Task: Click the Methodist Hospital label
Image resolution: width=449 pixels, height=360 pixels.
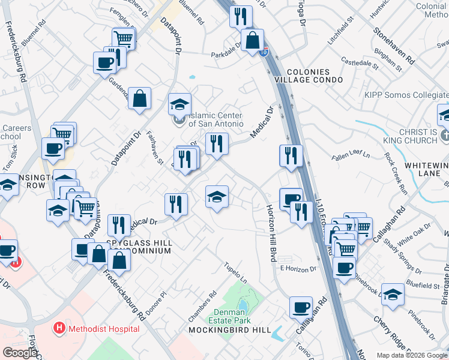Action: coord(104,329)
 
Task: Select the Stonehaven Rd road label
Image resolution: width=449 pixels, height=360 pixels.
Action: coord(393,46)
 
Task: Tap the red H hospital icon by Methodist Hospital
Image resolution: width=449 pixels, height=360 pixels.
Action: coord(59,329)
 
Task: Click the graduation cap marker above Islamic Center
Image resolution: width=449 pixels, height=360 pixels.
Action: coord(179,104)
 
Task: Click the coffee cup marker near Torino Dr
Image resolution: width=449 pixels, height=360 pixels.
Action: coord(301,307)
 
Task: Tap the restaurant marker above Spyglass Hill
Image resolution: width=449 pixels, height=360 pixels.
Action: coord(119,225)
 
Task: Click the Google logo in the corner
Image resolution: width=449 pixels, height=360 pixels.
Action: coord(20,353)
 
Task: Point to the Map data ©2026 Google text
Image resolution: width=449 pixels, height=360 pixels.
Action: coord(411,355)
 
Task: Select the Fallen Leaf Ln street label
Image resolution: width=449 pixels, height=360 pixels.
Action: coord(351,155)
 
